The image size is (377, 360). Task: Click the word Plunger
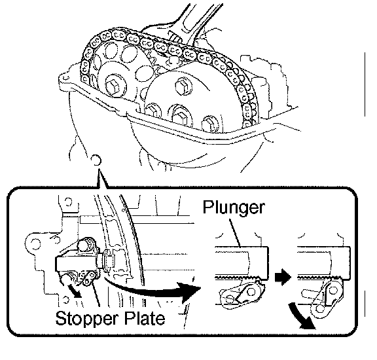point(234,207)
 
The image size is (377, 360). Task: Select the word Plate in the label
point(145,317)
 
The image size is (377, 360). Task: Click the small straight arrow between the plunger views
point(283,278)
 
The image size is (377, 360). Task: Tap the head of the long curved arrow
point(190,291)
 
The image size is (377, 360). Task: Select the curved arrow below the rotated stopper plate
point(300,316)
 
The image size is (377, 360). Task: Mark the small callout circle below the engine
point(96,160)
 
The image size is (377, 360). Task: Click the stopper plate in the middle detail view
point(242,295)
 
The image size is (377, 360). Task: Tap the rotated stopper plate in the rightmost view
point(327,299)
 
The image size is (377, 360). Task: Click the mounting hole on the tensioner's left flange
point(35,242)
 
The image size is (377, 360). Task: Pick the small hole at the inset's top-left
point(68,202)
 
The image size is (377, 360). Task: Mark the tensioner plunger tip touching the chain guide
point(108,261)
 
